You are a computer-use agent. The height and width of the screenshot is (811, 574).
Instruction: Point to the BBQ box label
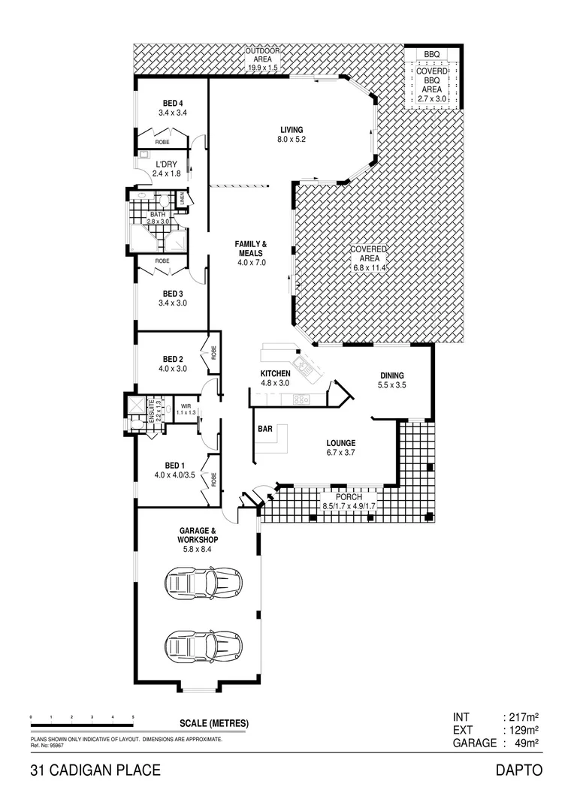431,55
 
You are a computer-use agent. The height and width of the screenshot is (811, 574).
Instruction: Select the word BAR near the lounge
265,430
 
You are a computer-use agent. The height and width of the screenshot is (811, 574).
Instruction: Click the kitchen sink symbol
306,366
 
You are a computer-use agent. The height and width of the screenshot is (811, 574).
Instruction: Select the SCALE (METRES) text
214,724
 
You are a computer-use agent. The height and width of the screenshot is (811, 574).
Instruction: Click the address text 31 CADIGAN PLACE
95,770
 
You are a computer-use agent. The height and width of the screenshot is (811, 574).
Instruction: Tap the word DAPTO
518,770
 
